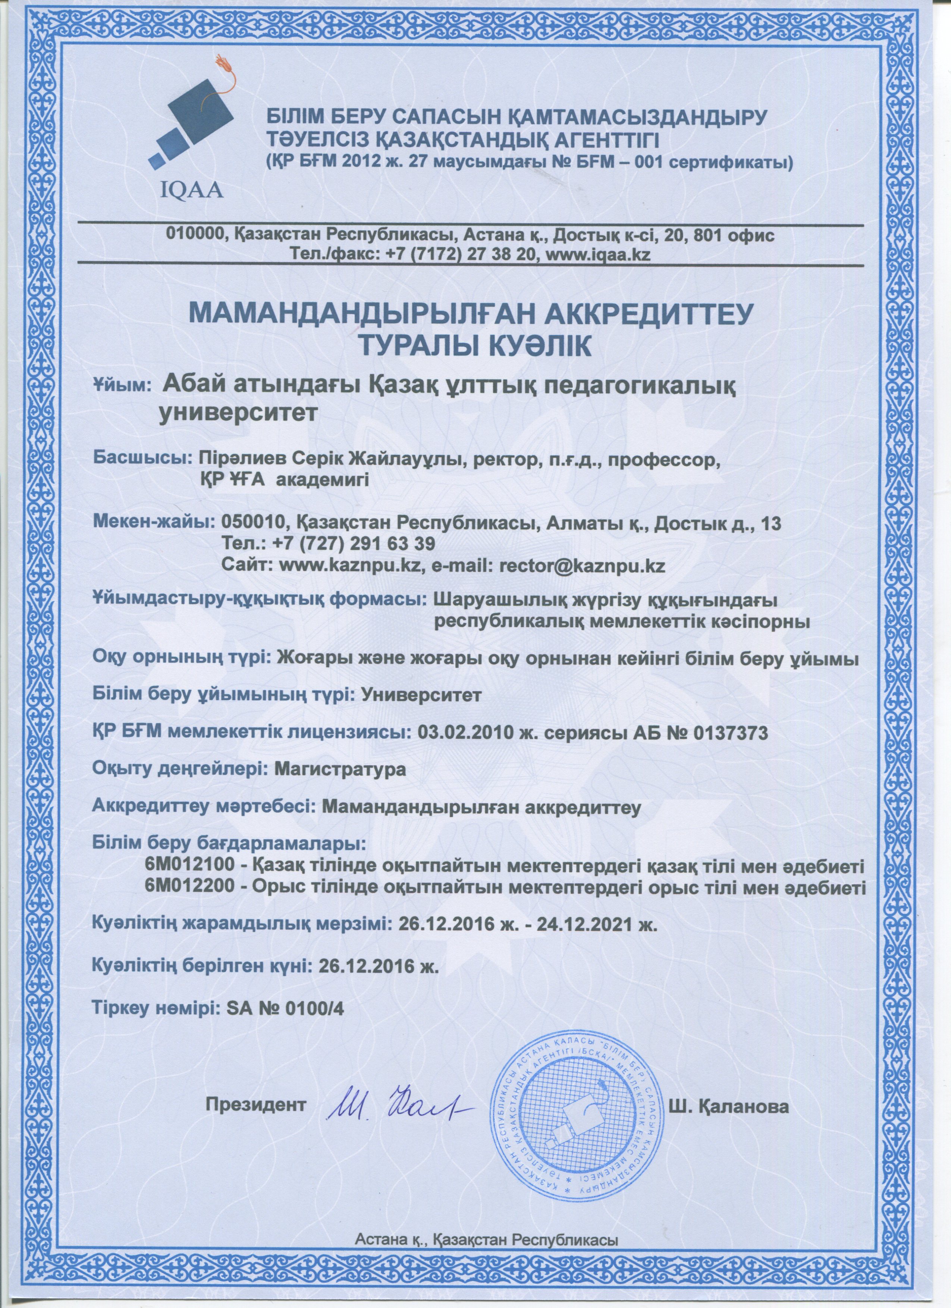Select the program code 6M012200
pos(192,903)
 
